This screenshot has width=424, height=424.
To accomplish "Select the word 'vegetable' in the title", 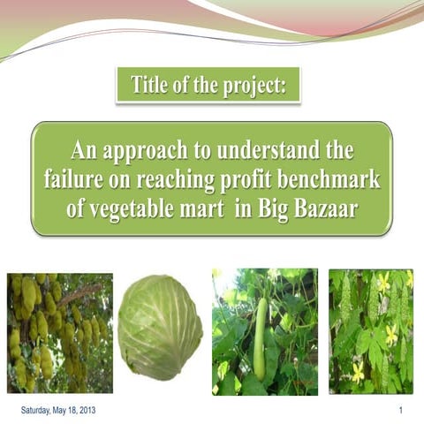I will (134, 212).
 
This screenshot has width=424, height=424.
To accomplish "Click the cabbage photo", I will (160, 328).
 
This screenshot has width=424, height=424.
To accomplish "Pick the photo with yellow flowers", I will (370, 331).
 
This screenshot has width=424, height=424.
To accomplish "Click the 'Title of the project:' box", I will (208, 87).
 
